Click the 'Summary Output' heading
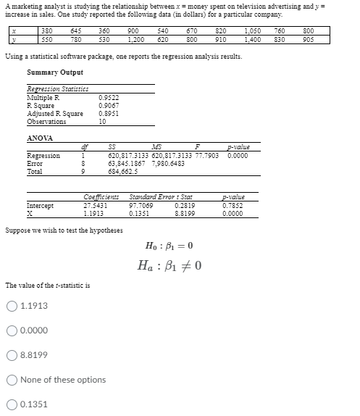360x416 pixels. point(54,72)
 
